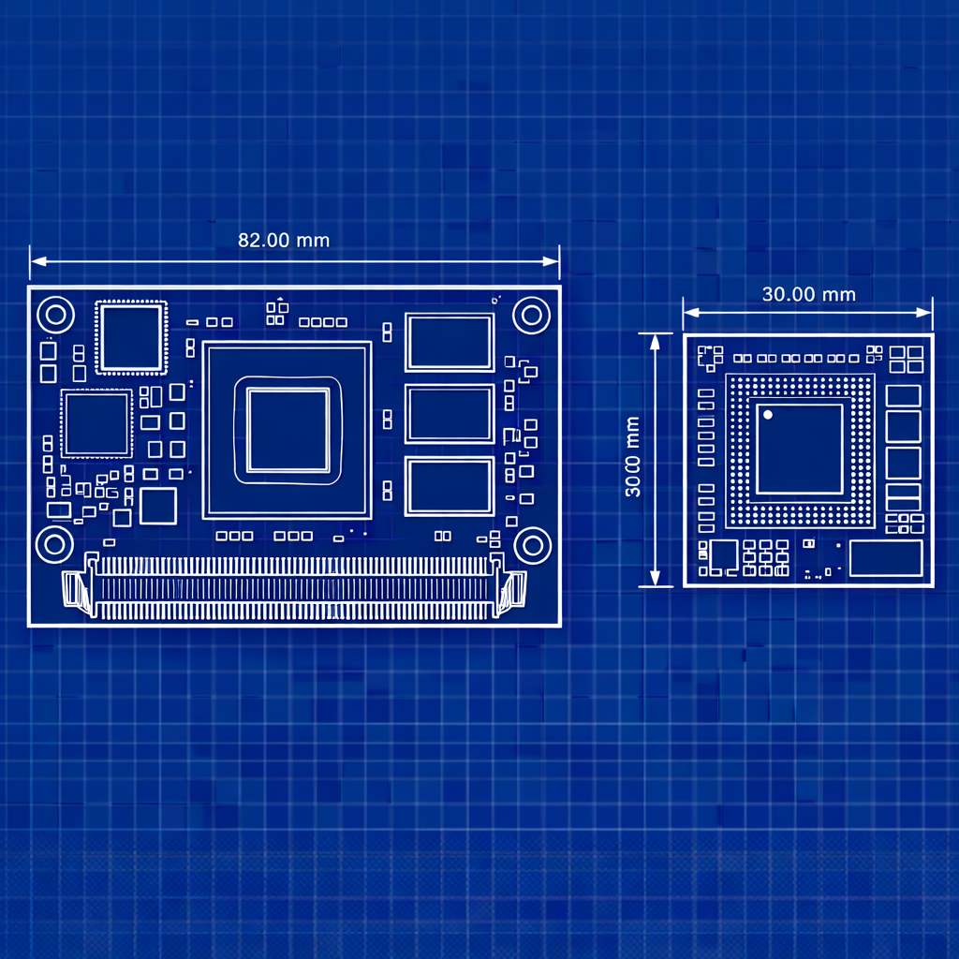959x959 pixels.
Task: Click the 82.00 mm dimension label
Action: [x=284, y=240]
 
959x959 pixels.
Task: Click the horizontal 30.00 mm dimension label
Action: [x=808, y=294]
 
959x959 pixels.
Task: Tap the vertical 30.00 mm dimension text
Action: [x=633, y=458]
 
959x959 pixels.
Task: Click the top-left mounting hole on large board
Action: [x=55, y=314]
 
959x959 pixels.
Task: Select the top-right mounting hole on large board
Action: [x=532, y=314]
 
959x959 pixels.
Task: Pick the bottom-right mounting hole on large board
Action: [x=532, y=544]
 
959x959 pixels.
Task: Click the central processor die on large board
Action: [x=288, y=431]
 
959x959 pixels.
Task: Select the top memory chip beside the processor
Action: [x=450, y=342]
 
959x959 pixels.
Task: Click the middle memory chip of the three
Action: [x=450, y=414]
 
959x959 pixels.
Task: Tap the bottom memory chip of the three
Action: [x=450, y=486]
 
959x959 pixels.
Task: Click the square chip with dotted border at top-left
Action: [x=130, y=338]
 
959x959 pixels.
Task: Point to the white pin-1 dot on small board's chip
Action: [x=768, y=414]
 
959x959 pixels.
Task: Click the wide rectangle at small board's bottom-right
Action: [x=886, y=557]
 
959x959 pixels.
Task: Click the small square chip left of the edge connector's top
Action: [x=157, y=506]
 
